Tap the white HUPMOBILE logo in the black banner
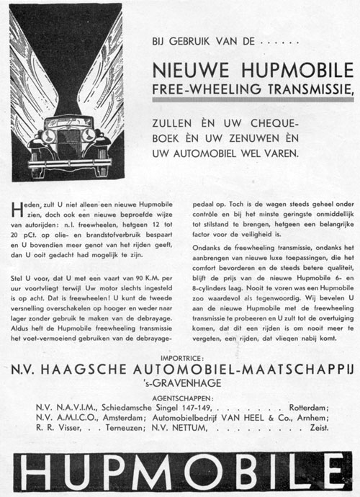tap(180, 469)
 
